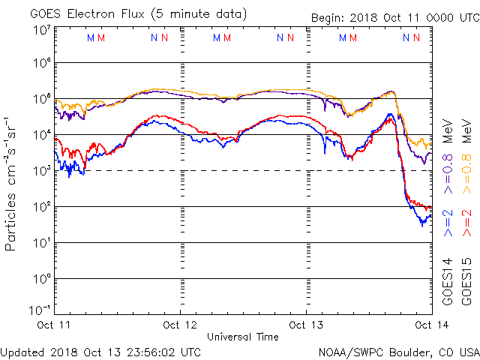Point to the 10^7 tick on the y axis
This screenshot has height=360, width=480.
click(41, 29)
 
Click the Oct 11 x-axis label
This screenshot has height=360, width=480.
click(54, 325)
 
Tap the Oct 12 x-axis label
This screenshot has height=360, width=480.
click(180, 325)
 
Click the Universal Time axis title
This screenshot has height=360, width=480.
click(242, 337)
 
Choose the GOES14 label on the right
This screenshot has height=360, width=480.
click(448, 280)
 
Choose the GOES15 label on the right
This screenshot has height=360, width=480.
click(466, 280)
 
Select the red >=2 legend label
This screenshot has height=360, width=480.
click(466, 222)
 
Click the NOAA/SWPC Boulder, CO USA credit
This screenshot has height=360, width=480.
click(398, 351)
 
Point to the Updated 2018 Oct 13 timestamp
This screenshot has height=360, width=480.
click(100, 351)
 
